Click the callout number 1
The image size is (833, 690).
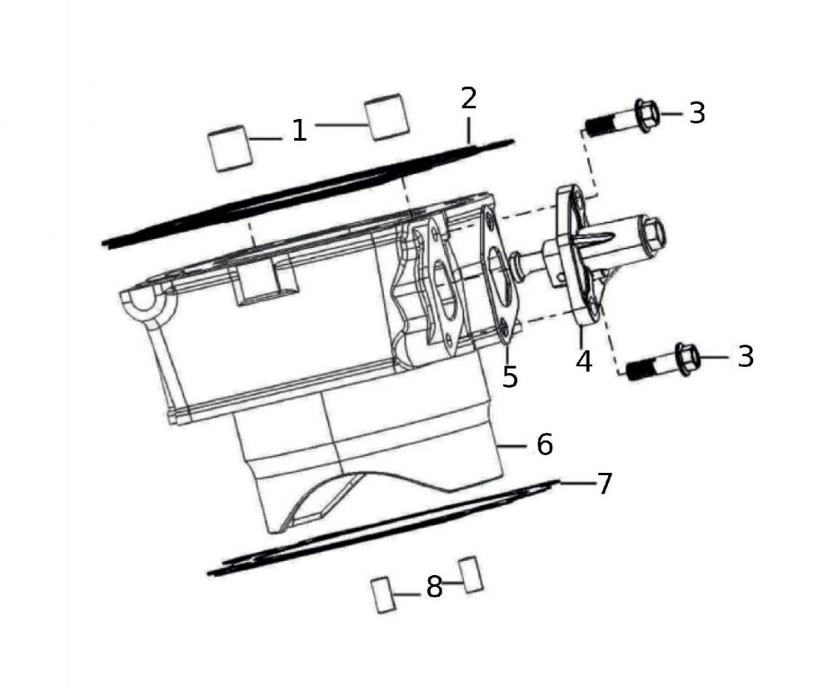300,131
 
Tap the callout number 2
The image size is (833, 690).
468,98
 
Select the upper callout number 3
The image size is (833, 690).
697,113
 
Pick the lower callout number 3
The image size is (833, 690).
746,357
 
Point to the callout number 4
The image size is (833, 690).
584,361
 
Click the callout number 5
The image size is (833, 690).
510,377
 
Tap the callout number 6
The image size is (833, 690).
545,444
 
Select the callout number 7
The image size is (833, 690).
605,484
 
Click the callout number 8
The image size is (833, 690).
435,587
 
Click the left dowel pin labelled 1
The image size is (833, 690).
230,148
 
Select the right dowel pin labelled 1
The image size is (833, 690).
387,117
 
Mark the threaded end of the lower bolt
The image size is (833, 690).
641,370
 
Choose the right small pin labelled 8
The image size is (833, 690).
471,575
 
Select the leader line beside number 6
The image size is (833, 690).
511,447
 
